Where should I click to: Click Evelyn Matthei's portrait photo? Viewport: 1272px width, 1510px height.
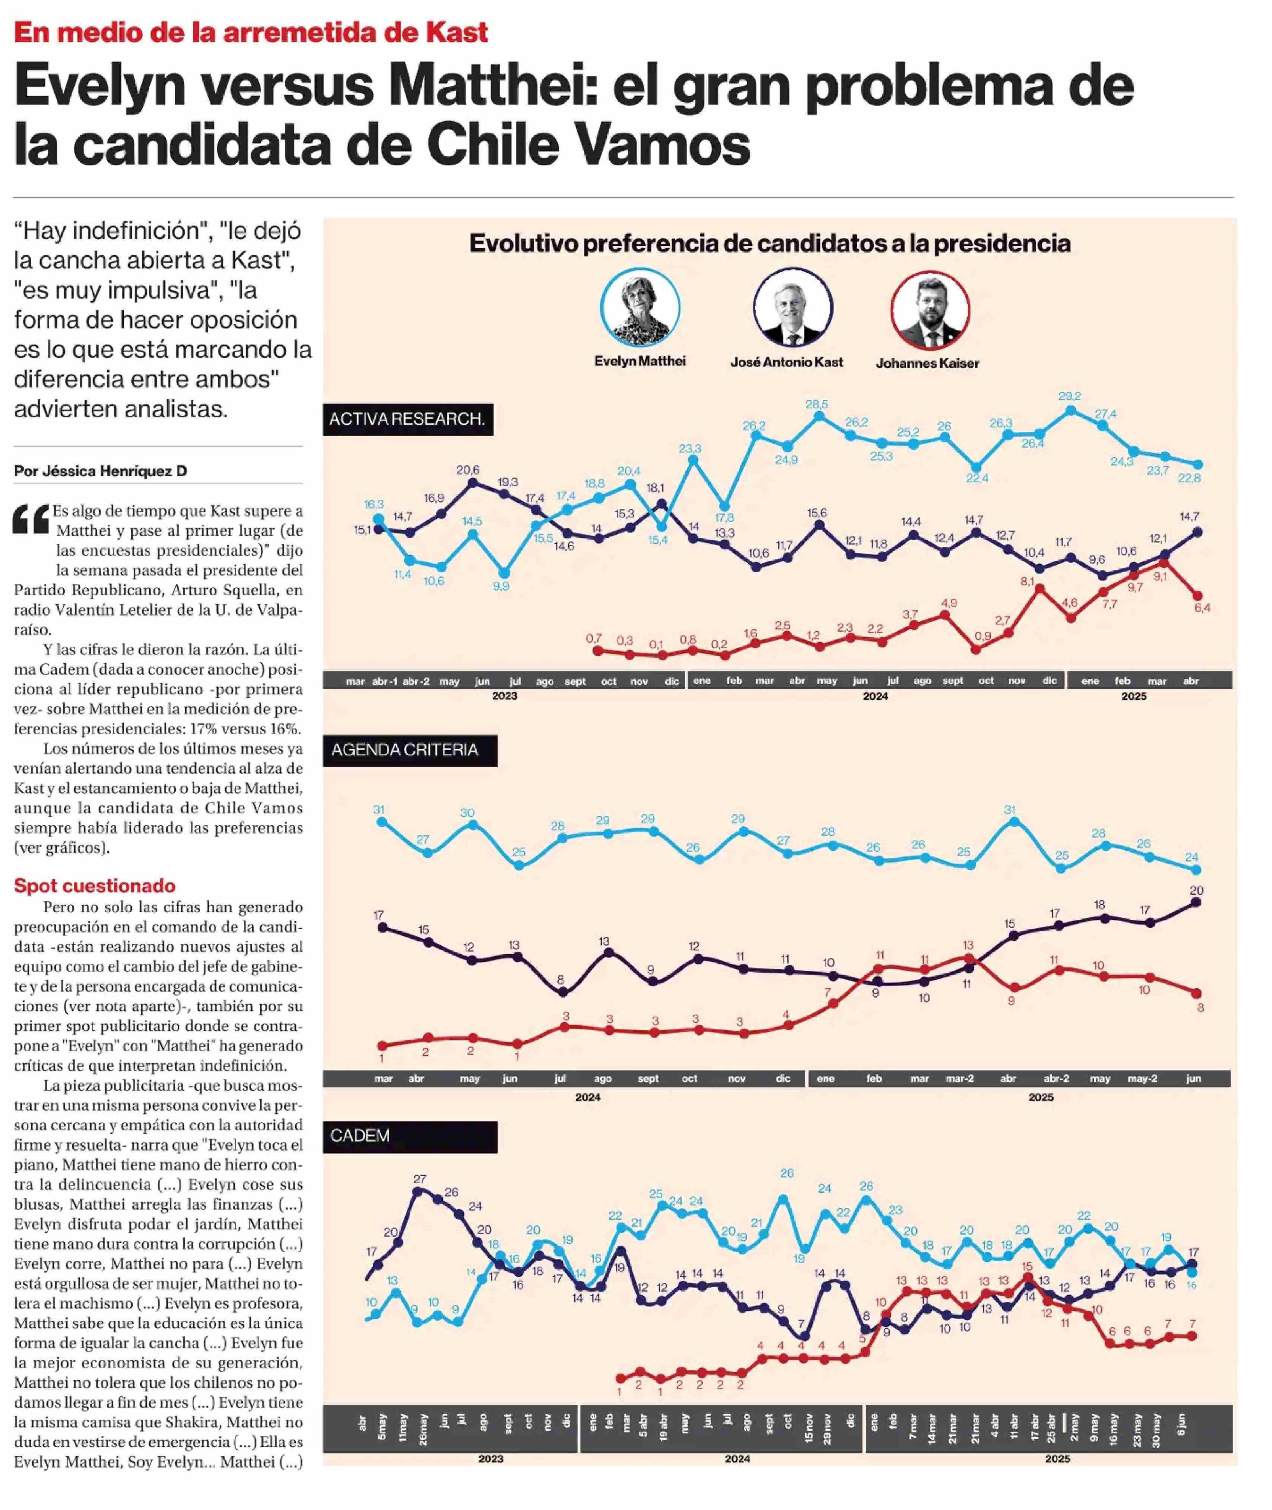[x=640, y=308]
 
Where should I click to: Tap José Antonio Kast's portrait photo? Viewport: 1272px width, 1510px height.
[x=792, y=308]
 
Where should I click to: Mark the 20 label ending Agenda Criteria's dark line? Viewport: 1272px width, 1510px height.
[x=1196, y=890]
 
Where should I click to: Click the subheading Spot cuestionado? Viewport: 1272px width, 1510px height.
[x=94, y=885]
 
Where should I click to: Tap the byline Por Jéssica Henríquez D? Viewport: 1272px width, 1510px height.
[x=100, y=471]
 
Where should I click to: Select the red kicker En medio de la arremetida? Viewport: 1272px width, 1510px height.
[x=251, y=32]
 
